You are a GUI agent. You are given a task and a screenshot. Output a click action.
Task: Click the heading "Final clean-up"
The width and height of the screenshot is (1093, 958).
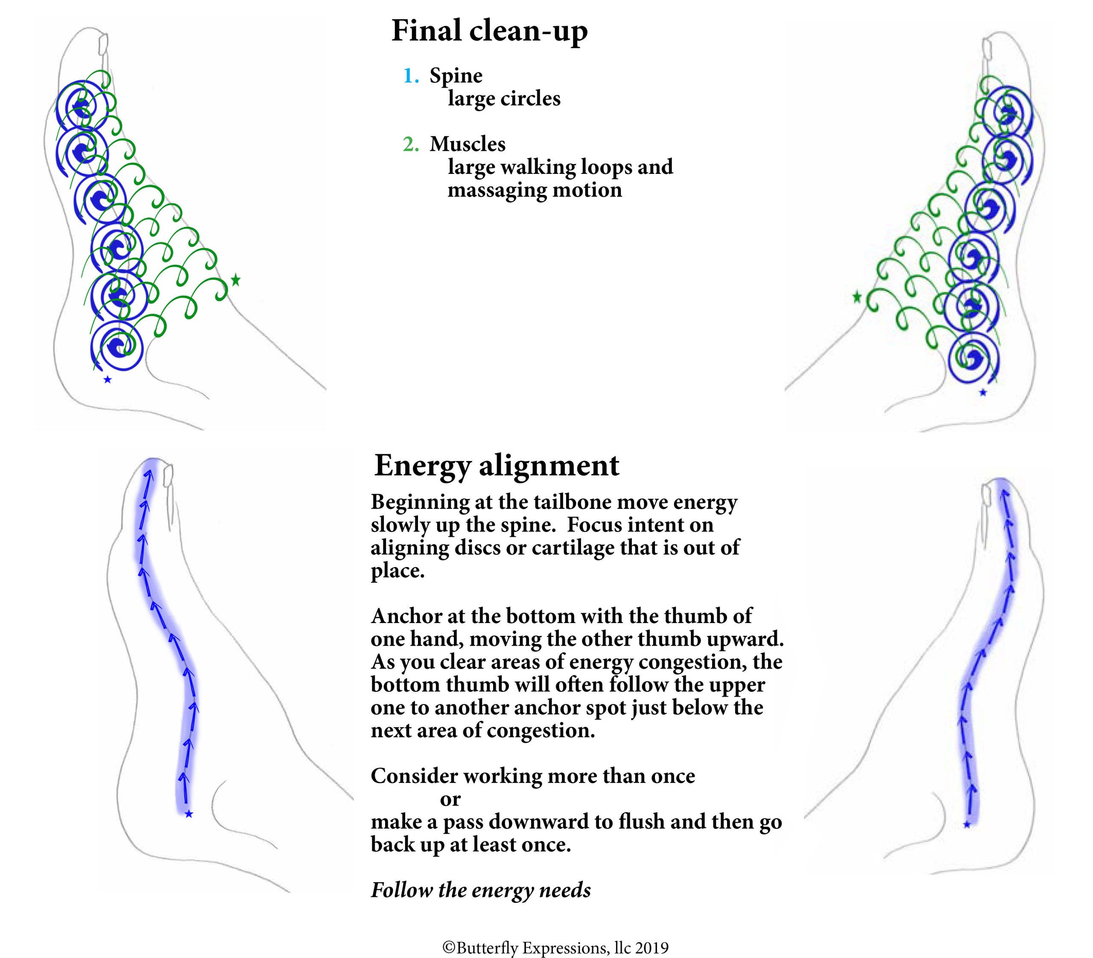click(489, 31)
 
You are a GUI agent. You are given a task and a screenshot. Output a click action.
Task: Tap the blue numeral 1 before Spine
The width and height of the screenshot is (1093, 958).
click(410, 76)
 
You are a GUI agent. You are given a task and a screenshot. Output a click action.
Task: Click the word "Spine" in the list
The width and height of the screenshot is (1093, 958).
click(456, 76)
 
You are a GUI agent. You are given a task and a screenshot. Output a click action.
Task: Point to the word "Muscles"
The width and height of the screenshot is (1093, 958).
click(468, 144)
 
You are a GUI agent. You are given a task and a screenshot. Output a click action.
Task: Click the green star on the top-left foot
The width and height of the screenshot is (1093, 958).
click(235, 279)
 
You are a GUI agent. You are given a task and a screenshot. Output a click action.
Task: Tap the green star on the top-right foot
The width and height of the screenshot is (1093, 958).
click(857, 297)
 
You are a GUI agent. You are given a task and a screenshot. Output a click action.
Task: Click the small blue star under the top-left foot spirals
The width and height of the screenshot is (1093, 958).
click(107, 379)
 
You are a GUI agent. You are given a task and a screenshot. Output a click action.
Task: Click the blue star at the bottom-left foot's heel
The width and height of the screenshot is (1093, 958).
click(189, 814)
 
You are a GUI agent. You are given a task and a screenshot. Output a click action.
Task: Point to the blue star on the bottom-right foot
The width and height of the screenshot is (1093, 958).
click(966, 825)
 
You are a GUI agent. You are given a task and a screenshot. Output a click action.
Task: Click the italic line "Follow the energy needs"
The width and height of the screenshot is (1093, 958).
click(481, 890)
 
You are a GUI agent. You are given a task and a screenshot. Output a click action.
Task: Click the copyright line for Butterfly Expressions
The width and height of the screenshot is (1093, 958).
click(555, 948)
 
